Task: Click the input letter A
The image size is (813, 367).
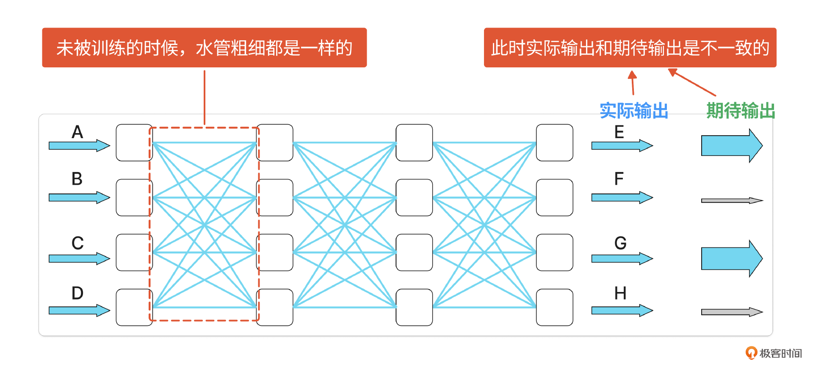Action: click(77, 132)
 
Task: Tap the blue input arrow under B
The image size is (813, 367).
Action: click(79, 197)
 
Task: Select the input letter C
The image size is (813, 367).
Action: click(77, 243)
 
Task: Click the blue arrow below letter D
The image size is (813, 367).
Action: click(79, 311)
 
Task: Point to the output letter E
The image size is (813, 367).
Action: click(619, 132)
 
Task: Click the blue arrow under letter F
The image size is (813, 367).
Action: click(622, 197)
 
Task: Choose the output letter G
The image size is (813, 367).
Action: click(620, 243)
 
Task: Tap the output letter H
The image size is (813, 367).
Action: click(620, 293)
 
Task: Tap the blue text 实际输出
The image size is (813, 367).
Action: click(634, 111)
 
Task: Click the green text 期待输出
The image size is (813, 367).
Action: click(741, 111)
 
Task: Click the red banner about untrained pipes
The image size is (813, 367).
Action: click(204, 47)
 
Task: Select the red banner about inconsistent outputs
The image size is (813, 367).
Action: click(630, 47)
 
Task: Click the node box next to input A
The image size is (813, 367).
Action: click(134, 143)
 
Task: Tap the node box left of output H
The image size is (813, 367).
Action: click(554, 307)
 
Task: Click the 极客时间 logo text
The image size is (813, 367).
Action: click(780, 353)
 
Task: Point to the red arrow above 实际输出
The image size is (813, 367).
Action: click(633, 82)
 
